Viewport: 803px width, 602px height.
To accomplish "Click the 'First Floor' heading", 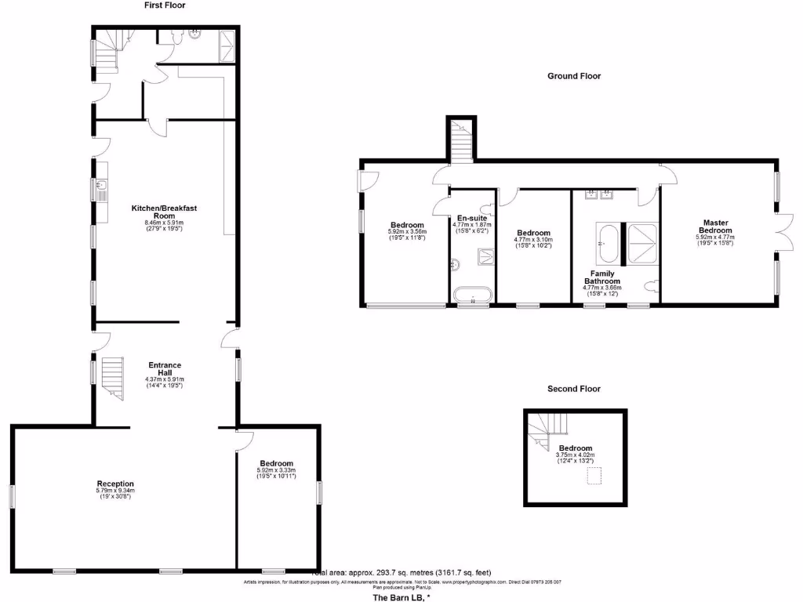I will (165, 5).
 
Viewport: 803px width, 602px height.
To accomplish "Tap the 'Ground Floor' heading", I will (574, 76).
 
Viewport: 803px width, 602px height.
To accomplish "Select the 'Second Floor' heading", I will (574, 389).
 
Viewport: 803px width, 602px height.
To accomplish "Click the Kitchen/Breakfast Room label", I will (164, 212).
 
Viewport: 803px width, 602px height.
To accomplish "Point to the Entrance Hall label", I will (165, 369).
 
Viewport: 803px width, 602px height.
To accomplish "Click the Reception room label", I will (115, 484).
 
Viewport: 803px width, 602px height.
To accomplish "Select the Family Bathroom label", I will (601, 277).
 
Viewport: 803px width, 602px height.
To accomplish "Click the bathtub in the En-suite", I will (473, 296).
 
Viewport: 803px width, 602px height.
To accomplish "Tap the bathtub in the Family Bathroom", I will (609, 242).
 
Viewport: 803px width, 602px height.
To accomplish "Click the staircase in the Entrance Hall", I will (114, 376).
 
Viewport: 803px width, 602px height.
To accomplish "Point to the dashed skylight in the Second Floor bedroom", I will (594, 476).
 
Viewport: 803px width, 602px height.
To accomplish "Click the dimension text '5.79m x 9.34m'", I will (115, 491).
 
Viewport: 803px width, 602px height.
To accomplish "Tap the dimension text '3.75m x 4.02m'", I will (576, 455).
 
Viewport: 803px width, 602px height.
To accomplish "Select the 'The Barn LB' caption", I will (401, 598).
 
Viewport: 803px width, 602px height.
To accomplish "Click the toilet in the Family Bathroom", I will (650, 287).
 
